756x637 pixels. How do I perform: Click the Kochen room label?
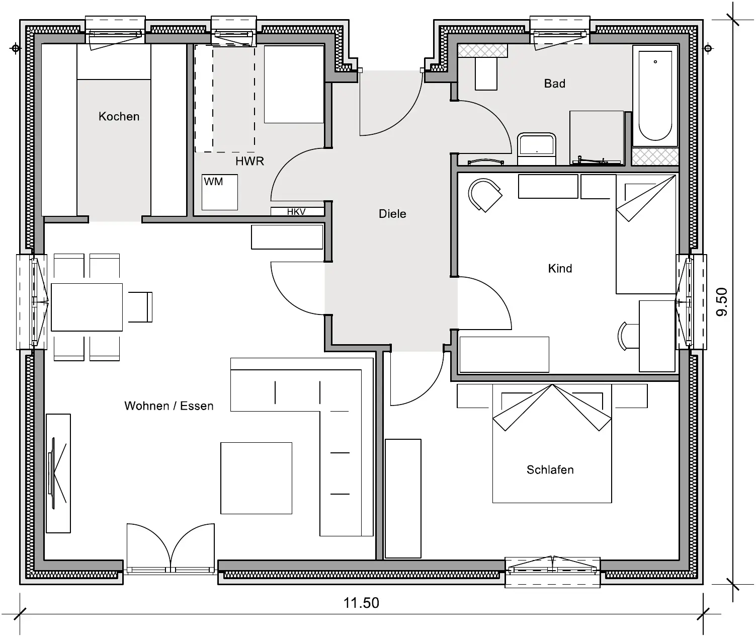119,116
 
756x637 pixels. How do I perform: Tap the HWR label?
249,161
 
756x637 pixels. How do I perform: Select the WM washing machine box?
220,192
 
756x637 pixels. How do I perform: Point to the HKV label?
296,211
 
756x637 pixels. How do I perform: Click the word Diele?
392,214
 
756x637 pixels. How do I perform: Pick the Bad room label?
554,84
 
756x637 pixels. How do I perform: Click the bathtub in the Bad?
655,96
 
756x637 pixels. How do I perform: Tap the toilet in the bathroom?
536,149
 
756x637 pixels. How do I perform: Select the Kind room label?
560,268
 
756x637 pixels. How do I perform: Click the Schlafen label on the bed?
550,469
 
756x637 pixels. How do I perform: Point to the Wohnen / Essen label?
169,406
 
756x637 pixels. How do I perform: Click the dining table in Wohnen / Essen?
87,307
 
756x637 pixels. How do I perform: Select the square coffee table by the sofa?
257,478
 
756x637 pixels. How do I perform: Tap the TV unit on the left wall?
58,473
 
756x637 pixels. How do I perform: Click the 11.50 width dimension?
361,603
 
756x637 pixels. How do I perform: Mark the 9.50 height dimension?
722,302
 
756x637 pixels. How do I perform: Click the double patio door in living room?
171,547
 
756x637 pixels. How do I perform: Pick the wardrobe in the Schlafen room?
403,498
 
